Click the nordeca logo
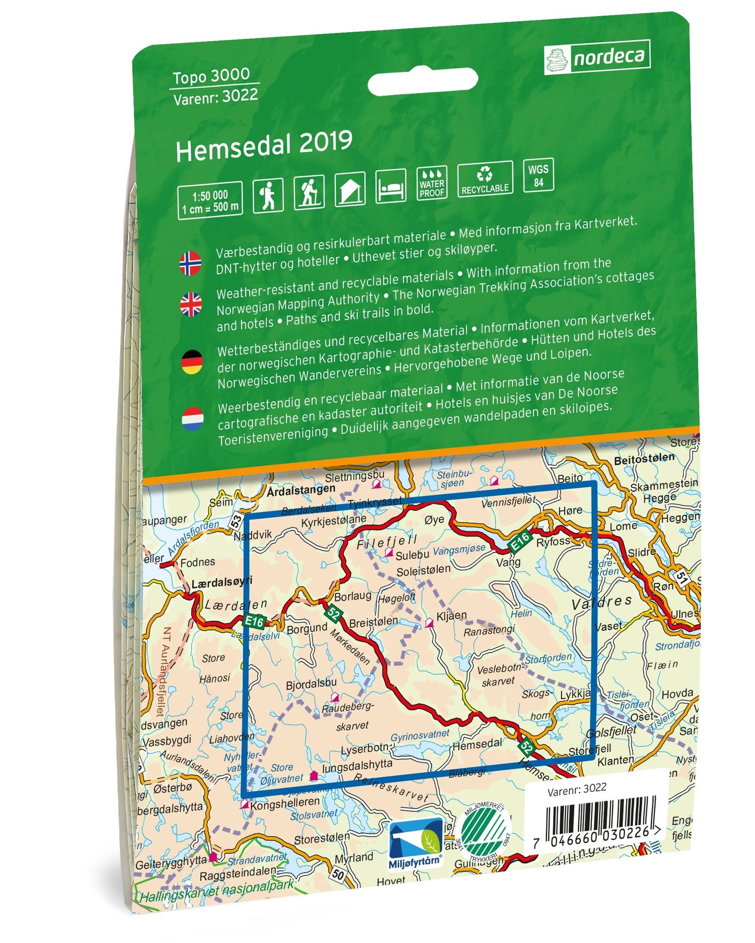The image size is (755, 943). [x=597, y=57]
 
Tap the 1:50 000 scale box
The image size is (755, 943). [x=210, y=201]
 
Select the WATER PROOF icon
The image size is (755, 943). [x=432, y=183]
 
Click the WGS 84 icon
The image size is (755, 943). [x=539, y=175]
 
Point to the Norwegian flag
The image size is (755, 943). [x=190, y=263]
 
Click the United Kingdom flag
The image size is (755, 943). [x=191, y=305]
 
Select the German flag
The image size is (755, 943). [x=192, y=362]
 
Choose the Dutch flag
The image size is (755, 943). [x=192, y=419]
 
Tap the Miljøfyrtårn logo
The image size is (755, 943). [x=416, y=843]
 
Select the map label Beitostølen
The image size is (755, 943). [x=644, y=459]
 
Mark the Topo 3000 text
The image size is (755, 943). [x=211, y=76]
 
